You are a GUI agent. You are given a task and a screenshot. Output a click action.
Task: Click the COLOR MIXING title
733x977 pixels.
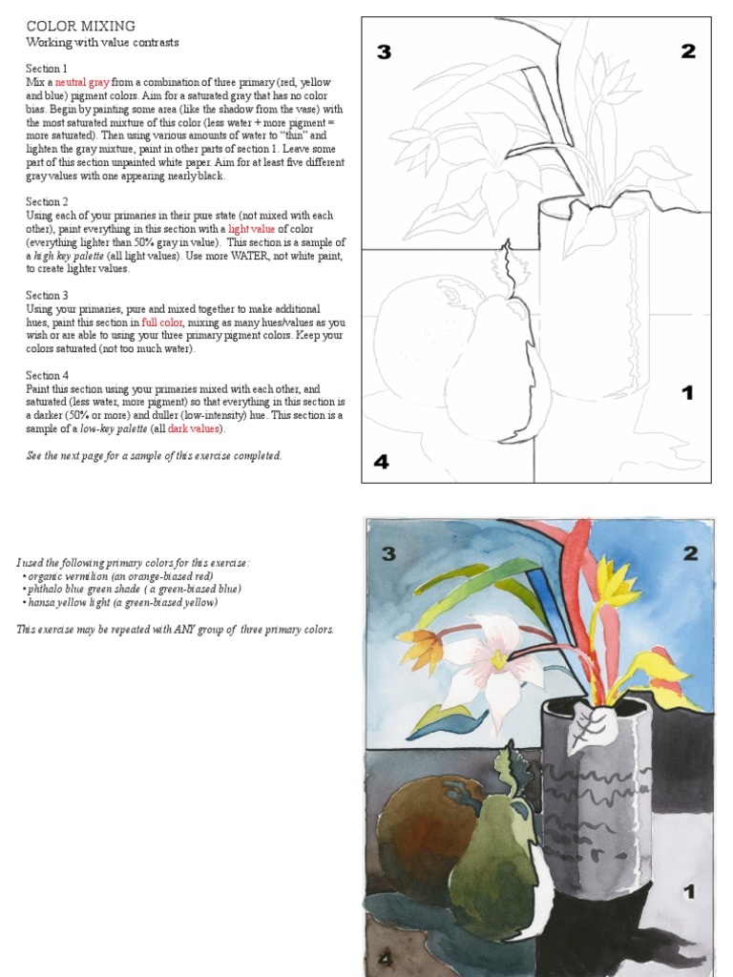[x=80, y=26]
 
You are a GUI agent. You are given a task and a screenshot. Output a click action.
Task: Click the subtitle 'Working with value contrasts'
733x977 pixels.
[x=102, y=43]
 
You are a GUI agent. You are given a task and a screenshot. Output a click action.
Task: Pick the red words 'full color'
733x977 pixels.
[x=161, y=322]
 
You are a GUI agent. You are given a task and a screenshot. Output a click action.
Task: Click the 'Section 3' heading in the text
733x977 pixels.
[x=47, y=296]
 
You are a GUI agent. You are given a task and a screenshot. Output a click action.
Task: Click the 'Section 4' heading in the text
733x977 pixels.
[x=47, y=376]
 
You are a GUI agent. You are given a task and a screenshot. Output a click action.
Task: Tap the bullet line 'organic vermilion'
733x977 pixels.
[x=118, y=576]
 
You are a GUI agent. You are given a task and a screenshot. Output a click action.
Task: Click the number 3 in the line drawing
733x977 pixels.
[x=384, y=52]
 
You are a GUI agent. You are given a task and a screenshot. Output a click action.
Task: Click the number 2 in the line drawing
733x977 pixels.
[x=687, y=52]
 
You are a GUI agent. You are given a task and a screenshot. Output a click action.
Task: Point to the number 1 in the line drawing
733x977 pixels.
[x=686, y=393]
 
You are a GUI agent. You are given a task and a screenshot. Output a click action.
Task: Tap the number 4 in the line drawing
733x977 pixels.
[x=382, y=463]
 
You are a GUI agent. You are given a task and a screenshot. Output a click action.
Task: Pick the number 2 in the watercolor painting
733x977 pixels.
[x=690, y=553]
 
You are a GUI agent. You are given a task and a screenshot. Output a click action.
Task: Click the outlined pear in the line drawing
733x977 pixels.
[x=492, y=372]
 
